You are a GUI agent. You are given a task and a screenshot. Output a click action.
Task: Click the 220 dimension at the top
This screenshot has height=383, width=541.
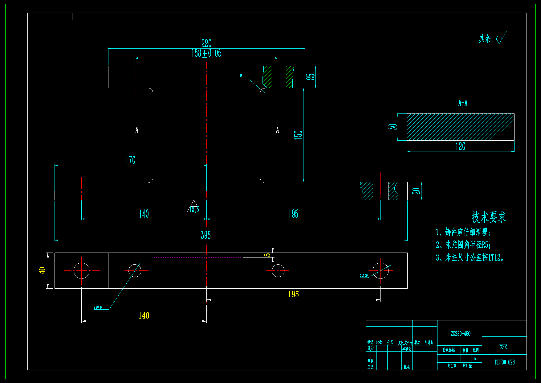tap(206, 43)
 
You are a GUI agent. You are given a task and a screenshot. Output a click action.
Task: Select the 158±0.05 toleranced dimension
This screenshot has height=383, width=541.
tap(206, 53)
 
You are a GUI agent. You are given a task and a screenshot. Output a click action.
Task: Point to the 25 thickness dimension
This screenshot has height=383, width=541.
tap(312, 76)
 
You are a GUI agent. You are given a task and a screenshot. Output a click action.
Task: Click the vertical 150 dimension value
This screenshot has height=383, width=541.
tap(298, 135)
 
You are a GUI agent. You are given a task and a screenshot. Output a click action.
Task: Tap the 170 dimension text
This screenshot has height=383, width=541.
tap(130, 160)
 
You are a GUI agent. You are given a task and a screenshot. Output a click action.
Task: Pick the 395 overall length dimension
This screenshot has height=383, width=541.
tap(206, 235)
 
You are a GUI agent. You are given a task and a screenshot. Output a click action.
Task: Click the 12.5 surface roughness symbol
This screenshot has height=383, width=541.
tap(194, 208)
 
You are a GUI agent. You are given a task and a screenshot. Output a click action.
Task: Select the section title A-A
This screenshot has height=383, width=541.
tap(463, 103)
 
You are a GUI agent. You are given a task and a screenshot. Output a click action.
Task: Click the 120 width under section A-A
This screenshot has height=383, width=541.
tap(460, 146)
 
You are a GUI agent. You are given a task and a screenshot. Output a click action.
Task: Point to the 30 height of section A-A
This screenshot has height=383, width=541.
tap(393, 127)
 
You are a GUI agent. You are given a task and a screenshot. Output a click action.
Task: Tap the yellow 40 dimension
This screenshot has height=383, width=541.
tap(42, 270)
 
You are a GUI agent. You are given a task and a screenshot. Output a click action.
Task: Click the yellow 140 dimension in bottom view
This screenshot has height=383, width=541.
tap(144, 315)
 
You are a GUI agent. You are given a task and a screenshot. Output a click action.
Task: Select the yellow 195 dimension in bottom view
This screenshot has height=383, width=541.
tap(293, 294)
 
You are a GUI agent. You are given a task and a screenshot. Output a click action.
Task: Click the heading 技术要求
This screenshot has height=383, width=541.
tap(489, 217)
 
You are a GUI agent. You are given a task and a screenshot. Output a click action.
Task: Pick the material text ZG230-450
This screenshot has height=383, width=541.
tap(460, 334)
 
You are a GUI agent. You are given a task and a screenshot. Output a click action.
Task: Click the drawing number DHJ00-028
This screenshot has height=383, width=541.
tap(505, 362)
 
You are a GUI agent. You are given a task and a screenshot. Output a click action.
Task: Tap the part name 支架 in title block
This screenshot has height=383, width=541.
tap(503, 346)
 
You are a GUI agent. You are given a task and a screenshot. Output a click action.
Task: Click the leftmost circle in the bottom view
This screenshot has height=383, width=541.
tap(81, 271)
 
